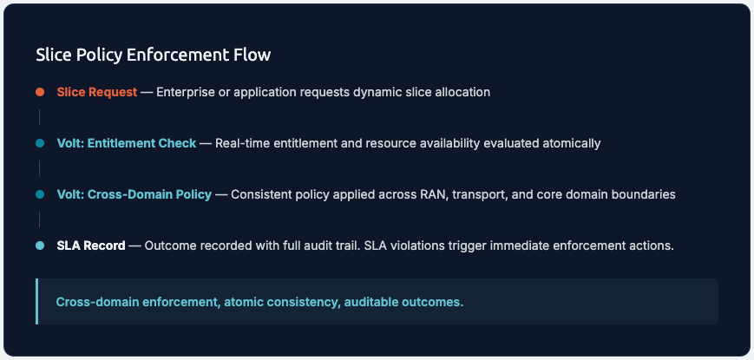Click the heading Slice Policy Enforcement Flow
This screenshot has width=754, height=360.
point(153,55)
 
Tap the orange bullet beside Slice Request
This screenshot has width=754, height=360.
point(39,92)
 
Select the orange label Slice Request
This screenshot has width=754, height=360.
point(96,92)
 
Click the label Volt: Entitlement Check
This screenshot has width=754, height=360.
point(127,143)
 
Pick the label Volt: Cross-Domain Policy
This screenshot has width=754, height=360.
point(134,194)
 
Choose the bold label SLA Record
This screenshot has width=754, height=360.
point(90,245)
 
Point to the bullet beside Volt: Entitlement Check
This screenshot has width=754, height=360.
point(39,143)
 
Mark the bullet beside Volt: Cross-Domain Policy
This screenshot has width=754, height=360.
point(39,194)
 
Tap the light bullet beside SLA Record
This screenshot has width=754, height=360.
point(39,245)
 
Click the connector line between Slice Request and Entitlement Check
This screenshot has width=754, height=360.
point(39,117)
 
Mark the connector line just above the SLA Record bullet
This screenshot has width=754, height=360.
point(39,219)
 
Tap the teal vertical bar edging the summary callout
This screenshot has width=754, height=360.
point(36,301)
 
